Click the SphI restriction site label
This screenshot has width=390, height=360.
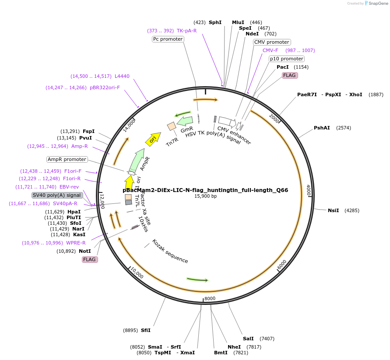tap(215, 22)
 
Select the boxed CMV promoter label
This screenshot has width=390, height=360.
tap(272, 42)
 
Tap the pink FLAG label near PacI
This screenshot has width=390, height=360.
tap(290, 75)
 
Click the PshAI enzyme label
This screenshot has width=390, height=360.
tap(322, 128)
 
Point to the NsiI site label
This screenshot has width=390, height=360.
tap(334, 210)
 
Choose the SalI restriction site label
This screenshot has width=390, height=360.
tap(248, 339)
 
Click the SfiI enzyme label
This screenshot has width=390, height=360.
tap(146, 330)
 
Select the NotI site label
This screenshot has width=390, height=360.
tap(85, 251)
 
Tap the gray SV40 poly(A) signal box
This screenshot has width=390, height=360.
tap(57, 195)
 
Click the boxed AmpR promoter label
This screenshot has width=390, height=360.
tap(67, 159)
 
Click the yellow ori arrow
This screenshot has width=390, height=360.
tap(153, 139)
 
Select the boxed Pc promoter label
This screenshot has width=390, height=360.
tap(168, 39)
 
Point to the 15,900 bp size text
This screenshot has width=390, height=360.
tap(205, 196)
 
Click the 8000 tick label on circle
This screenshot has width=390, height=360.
tap(210, 298)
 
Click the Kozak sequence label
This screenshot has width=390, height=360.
tap(170, 251)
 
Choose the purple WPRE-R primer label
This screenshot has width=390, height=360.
tap(76, 243)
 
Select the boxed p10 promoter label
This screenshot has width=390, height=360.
tap(286, 59)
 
